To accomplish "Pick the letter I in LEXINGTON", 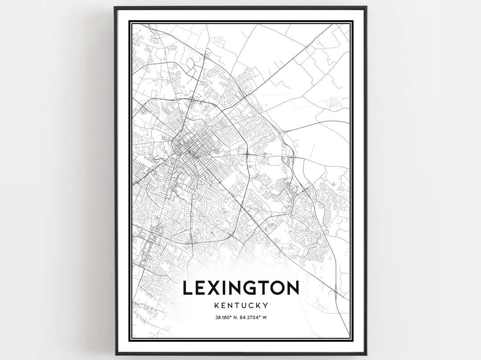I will [223, 289].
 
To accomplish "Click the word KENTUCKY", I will [240, 306].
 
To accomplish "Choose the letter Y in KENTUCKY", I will [265, 306].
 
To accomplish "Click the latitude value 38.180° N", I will [227, 317].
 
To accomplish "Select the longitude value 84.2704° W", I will [254, 317].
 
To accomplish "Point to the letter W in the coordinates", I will [265, 317].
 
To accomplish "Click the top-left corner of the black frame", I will [115, 7].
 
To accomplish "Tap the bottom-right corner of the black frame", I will [366, 354].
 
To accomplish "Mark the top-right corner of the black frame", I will [366, 7].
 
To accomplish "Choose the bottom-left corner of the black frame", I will [115, 354].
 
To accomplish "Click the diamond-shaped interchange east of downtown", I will [246, 154].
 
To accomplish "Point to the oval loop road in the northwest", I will [191, 66].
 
